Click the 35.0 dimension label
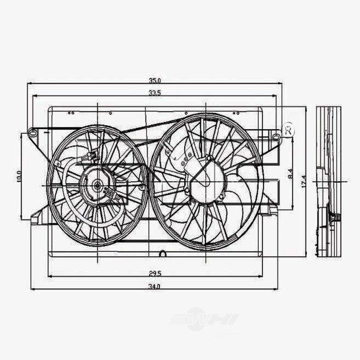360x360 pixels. (x=155, y=80)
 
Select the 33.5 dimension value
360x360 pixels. (x=154, y=93)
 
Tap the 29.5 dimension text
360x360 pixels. (x=155, y=274)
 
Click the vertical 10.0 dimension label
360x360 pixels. (x=19, y=176)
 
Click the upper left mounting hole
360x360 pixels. (x=32, y=133)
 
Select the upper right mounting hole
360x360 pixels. (x=276, y=136)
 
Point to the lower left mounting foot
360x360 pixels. (x=35, y=219)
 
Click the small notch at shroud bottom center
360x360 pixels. (x=162, y=254)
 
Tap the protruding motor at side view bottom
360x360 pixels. (x=337, y=217)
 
